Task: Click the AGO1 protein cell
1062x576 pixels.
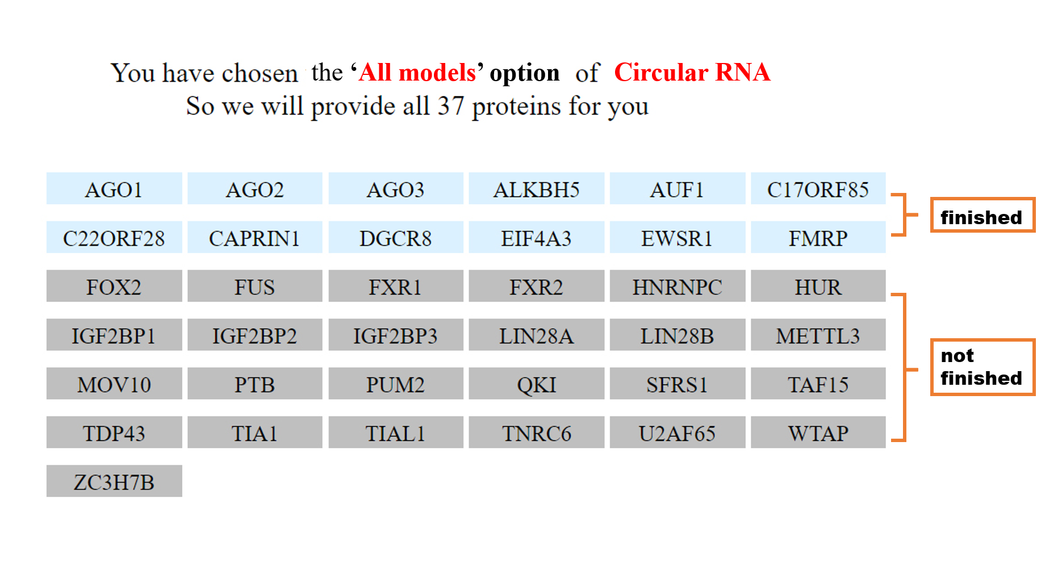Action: pyautogui.click(x=114, y=188)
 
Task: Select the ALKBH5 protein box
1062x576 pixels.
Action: pyautogui.click(x=537, y=188)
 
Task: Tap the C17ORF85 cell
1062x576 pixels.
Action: pyautogui.click(x=818, y=188)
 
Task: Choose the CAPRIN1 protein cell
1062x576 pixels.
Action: pyautogui.click(x=255, y=237)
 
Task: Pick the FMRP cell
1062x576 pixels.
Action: pyautogui.click(x=818, y=237)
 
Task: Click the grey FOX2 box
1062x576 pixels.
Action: pyautogui.click(x=114, y=286)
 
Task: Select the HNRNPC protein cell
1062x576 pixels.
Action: pyautogui.click(x=678, y=286)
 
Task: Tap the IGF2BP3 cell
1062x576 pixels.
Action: pyautogui.click(x=396, y=335)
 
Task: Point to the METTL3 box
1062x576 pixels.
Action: pyautogui.click(x=818, y=335)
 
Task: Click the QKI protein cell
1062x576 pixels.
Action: pyautogui.click(x=537, y=384)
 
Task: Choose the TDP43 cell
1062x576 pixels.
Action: pyautogui.click(x=114, y=432)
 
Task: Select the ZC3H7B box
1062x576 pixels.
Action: pyautogui.click(x=114, y=481)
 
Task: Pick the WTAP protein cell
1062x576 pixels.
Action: pyautogui.click(x=818, y=432)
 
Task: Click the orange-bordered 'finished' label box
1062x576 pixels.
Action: pyautogui.click(x=982, y=198)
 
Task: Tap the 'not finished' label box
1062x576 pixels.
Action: pyautogui.click(x=982, y=340)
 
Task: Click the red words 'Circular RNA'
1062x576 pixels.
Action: pyautogui.click(x=692, y=73)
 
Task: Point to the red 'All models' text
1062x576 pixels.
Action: pyautogui.click(x=417, y=73)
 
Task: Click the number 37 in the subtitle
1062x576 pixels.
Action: pyautogui.click(x=451, y=106)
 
